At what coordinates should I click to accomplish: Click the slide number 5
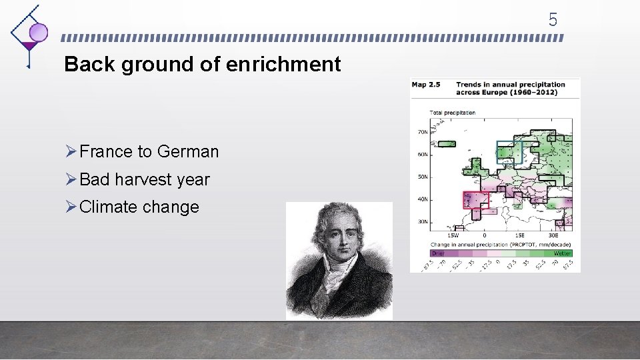point(553,20)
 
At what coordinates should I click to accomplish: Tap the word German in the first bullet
point(188,152)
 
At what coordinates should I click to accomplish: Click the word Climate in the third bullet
point(107,207)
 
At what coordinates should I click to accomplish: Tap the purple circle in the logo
point(39,32)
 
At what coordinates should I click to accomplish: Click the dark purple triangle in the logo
point(29,46)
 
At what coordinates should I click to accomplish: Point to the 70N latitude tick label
point(423,132)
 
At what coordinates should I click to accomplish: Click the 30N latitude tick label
point(423,221)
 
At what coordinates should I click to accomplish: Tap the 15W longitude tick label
point(452,235)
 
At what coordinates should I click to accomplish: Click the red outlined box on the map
point(476,200)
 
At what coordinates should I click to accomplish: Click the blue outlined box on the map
point(509,153)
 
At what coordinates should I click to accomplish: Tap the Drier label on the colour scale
point(439,253)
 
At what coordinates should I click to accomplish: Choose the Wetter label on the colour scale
point(561,253)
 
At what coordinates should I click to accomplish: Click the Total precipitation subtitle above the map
point(453,112)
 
